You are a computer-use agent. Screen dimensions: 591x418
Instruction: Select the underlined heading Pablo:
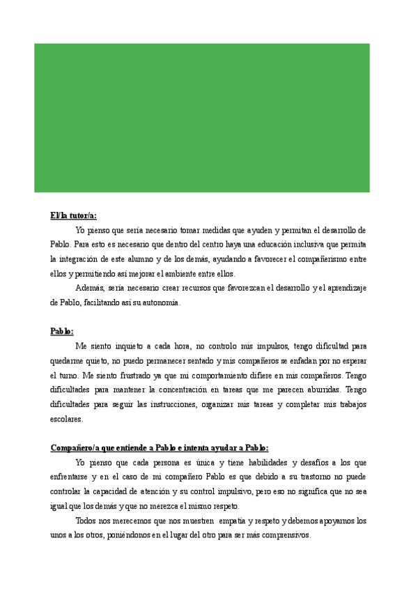pyautogui.click(x=62, y=331)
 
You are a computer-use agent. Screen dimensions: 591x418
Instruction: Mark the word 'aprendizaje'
pyautogui.click(x=343, y=288)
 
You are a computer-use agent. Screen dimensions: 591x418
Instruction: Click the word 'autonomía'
pyautogui.click(x=162, y=302)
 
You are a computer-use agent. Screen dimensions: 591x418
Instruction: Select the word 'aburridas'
pyautogui.click(x=319, y=390)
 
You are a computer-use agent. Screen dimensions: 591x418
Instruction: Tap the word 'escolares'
pyautogui.click(x=66, y=419)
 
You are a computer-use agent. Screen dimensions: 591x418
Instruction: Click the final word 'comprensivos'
pyautogui.click(x=283, y=535)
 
